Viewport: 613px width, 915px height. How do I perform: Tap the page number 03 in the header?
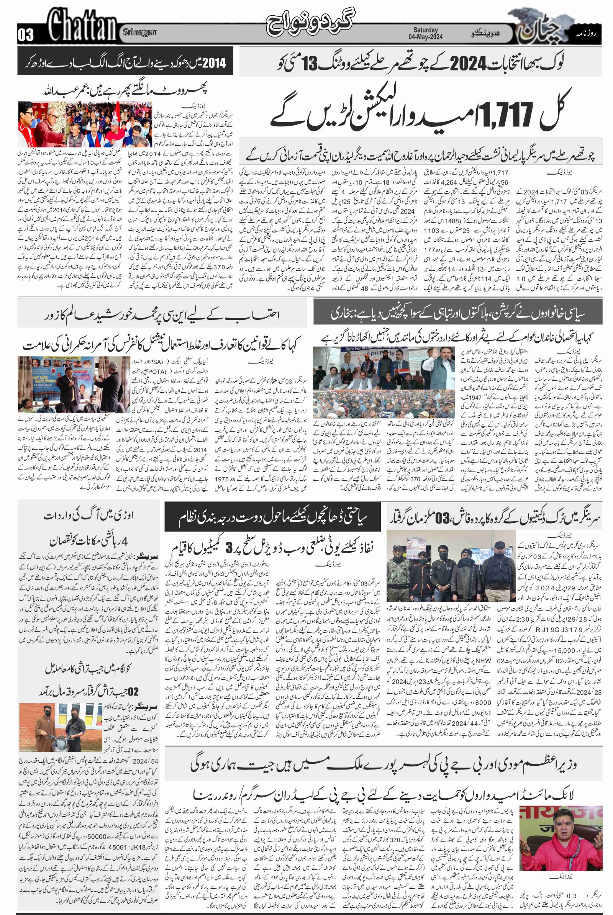pyautogui.click(x=26, y=36)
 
